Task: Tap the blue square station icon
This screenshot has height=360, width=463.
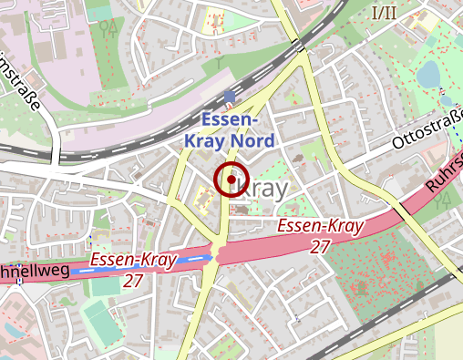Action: point(229,96)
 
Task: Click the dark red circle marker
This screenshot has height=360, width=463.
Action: point(231,180)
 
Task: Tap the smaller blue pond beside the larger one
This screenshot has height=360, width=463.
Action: point(446,98)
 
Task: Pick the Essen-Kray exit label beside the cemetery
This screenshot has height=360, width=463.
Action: point(320,226)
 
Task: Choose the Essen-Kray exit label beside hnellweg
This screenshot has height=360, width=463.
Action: point(133,262)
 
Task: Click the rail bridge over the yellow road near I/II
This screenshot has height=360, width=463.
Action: point(300,46)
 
